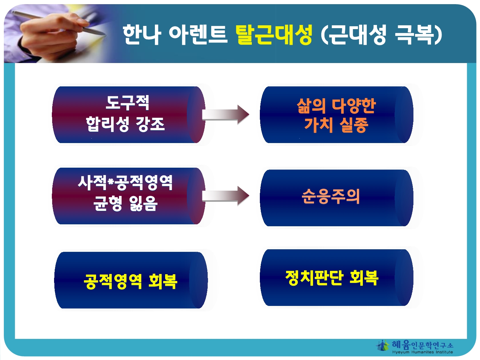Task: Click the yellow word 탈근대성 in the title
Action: coord(274,35)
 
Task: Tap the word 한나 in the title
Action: coord(142,35)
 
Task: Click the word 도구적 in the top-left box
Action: coord(127,102)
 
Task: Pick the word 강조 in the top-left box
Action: coord(150,124)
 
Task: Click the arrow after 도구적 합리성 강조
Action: coord(226,115)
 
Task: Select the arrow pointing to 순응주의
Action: coord(226,196)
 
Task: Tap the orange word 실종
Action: coord(354,125)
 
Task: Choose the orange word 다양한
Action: coord(354,106)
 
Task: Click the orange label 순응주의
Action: coord(331,196)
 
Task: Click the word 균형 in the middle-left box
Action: coord(108,203)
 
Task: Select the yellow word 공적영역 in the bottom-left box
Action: coord(113,282)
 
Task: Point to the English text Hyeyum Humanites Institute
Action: coord(422,352)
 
